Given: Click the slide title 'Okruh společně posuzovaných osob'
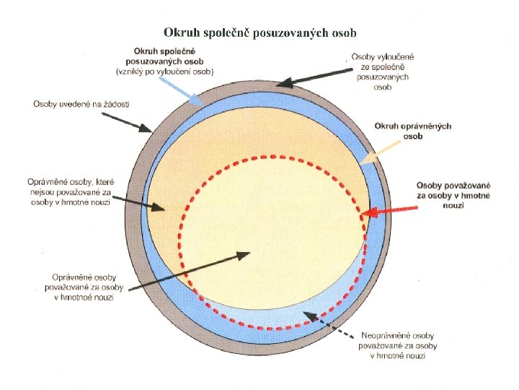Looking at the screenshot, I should pos(259,32).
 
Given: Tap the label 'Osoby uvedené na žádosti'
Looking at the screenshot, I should pos(81,105).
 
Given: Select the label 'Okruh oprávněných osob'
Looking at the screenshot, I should pos(412,131).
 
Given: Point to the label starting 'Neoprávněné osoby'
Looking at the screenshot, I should pos(397,346).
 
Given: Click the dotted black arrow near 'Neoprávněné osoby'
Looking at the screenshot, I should pos(328,326).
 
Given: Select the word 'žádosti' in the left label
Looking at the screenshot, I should pos(115,105).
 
